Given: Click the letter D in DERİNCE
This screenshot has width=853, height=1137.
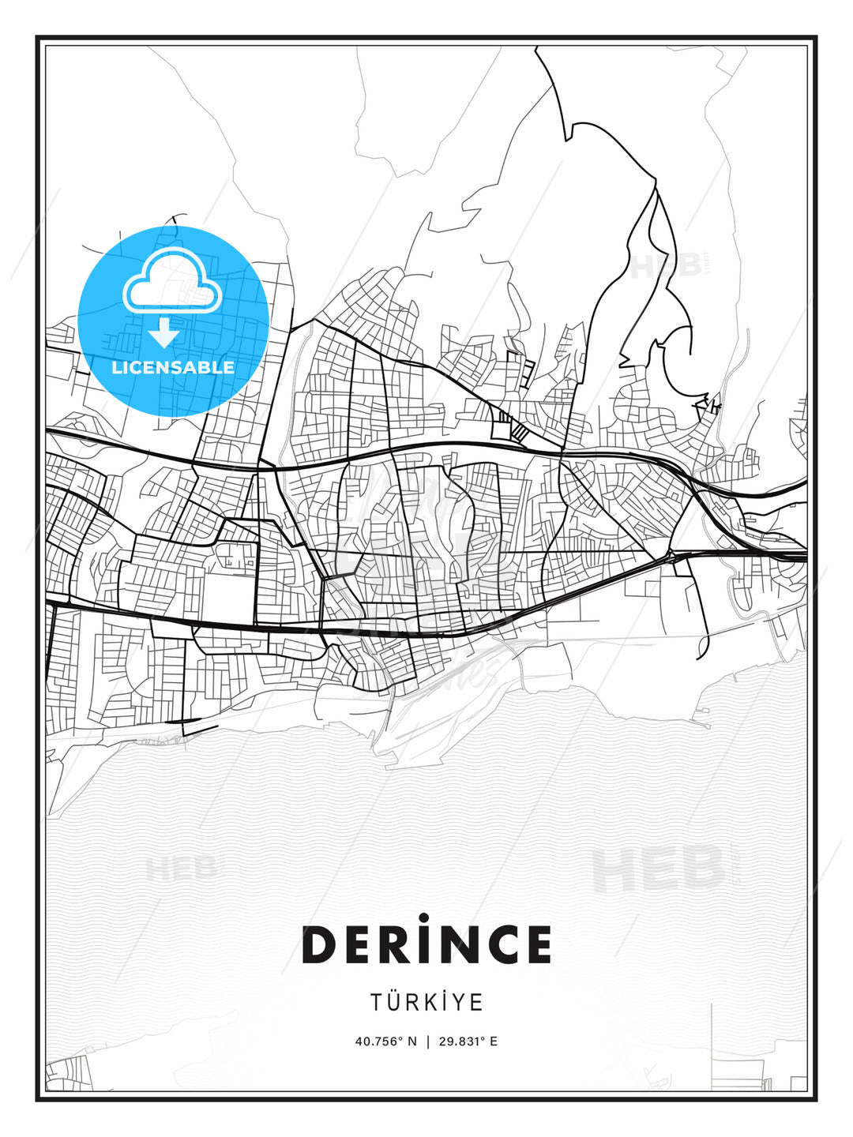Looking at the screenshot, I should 320,944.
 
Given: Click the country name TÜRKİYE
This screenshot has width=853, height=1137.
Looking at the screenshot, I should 426,1002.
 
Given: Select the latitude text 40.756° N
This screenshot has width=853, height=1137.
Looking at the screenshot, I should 385,1041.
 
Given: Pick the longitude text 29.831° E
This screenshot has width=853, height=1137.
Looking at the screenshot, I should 468,1041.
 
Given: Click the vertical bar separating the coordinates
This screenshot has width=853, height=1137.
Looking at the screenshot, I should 427,1041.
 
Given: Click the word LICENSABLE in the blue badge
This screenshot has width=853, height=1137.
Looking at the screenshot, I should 173,367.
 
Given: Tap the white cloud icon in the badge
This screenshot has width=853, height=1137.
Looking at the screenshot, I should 172,281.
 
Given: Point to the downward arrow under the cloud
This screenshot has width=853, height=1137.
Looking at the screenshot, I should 164,333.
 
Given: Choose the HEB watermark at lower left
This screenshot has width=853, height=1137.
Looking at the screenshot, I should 181,869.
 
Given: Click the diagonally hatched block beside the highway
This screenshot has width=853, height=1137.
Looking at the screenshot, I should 519,432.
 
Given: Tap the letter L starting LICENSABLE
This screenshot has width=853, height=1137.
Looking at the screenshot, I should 116,367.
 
